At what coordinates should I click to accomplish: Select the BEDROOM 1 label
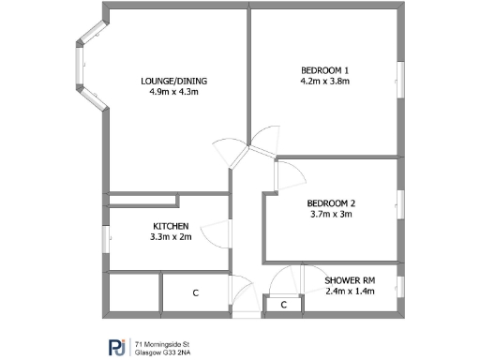324,71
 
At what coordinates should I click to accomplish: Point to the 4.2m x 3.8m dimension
324,82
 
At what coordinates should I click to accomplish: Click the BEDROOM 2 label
331,203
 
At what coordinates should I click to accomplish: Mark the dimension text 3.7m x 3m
331,215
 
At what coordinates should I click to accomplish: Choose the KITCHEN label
172,227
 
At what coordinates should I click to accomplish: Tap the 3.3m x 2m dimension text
172,238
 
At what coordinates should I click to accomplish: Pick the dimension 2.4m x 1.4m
349,292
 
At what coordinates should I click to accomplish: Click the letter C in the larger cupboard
196,293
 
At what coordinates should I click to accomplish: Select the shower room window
400,286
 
